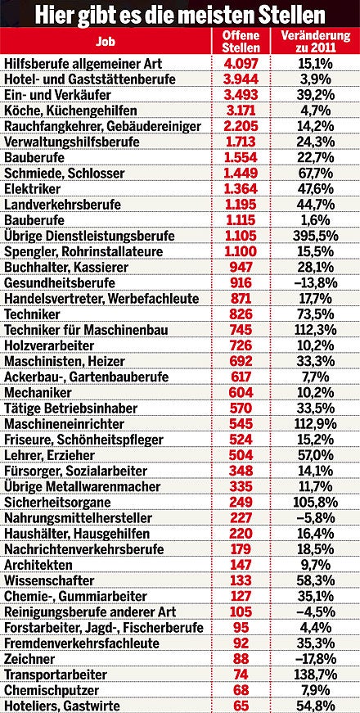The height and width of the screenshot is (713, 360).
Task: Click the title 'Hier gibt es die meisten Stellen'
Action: tap(180, 14)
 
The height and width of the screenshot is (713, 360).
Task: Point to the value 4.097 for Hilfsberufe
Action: tap(241, 64)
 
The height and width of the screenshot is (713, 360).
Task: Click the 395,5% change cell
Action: tap(315, 235)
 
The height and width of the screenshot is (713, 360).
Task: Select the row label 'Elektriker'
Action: tap(34, 188)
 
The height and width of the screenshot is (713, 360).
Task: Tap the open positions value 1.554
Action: tap(241, 157)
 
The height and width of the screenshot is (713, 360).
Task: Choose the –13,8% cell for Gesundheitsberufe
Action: tap(315, 282)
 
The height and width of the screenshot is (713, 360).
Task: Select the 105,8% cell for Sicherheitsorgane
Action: tap(315, 502)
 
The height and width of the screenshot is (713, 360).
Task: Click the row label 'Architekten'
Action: tap(39, 565)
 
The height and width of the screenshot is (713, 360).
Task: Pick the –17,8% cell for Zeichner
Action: tap(315, 658)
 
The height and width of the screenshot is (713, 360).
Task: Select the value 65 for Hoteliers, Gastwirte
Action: tap(241, 705)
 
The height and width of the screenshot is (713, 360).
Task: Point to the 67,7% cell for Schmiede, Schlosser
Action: tap(315, 173)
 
